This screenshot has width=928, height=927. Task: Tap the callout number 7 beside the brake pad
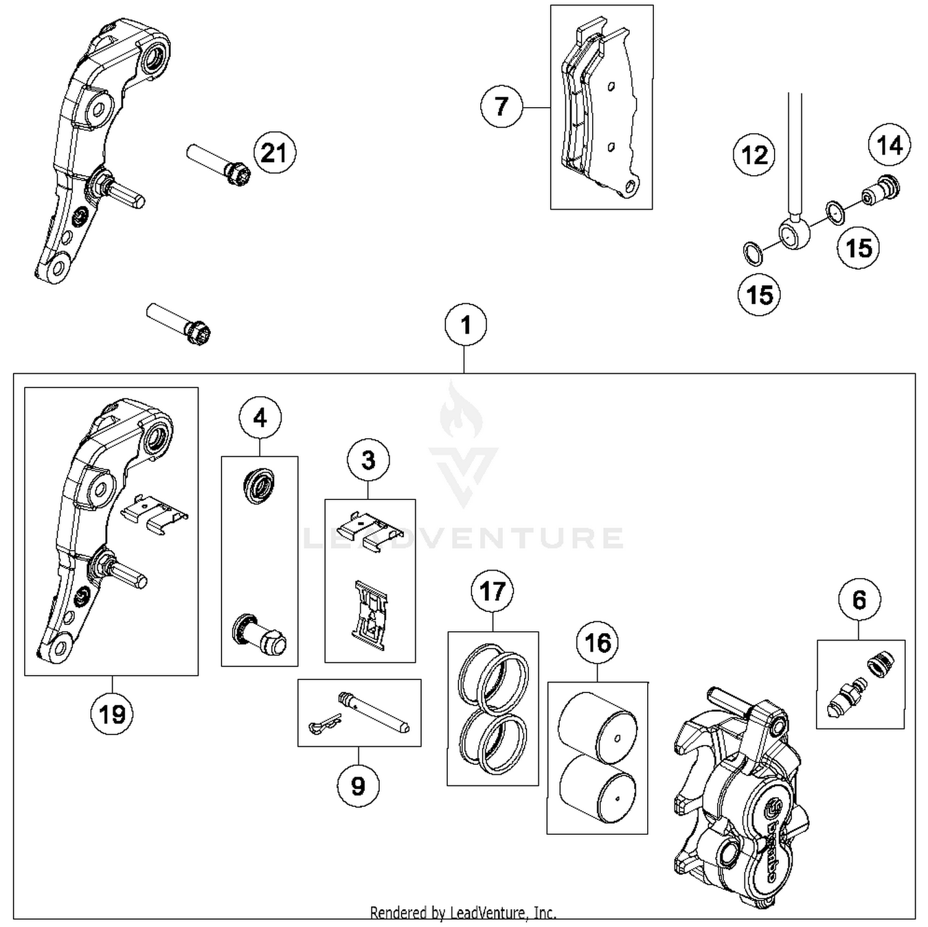click(x=501, y=106)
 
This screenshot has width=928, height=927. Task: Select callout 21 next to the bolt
click(x=274, y=152)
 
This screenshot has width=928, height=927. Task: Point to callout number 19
click(x=112, y=714)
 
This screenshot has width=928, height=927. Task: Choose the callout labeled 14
click(x=890, y=145)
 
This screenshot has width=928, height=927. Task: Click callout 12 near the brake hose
click(x=754, y=155)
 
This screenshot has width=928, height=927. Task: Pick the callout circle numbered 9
click(x=358, y=786)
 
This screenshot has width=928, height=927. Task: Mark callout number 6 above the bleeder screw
click(x=859, y=600)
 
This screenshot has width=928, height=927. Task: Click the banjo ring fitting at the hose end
click(x=794, y=234)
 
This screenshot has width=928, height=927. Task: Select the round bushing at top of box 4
click(x=259, y=486)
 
